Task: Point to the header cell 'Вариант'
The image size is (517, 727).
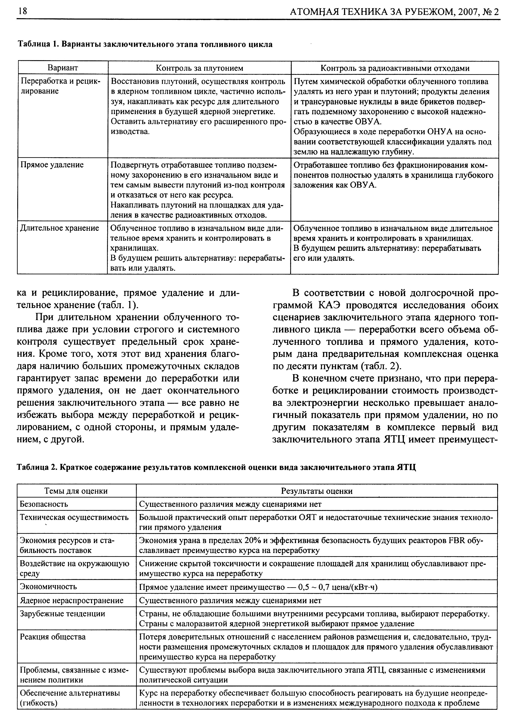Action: [x=63, y=68]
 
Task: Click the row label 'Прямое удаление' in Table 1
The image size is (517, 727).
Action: [x=52, y=165]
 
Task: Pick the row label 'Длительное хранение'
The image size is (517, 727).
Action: [x=59, y=228]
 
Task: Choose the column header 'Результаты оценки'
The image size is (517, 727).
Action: [x=317, y=491]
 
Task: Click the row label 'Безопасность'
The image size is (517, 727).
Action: [x=44, y=504]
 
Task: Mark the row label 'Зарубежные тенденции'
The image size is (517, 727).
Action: [x=62, y=614]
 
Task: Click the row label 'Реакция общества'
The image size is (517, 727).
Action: [x=53, y=637]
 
